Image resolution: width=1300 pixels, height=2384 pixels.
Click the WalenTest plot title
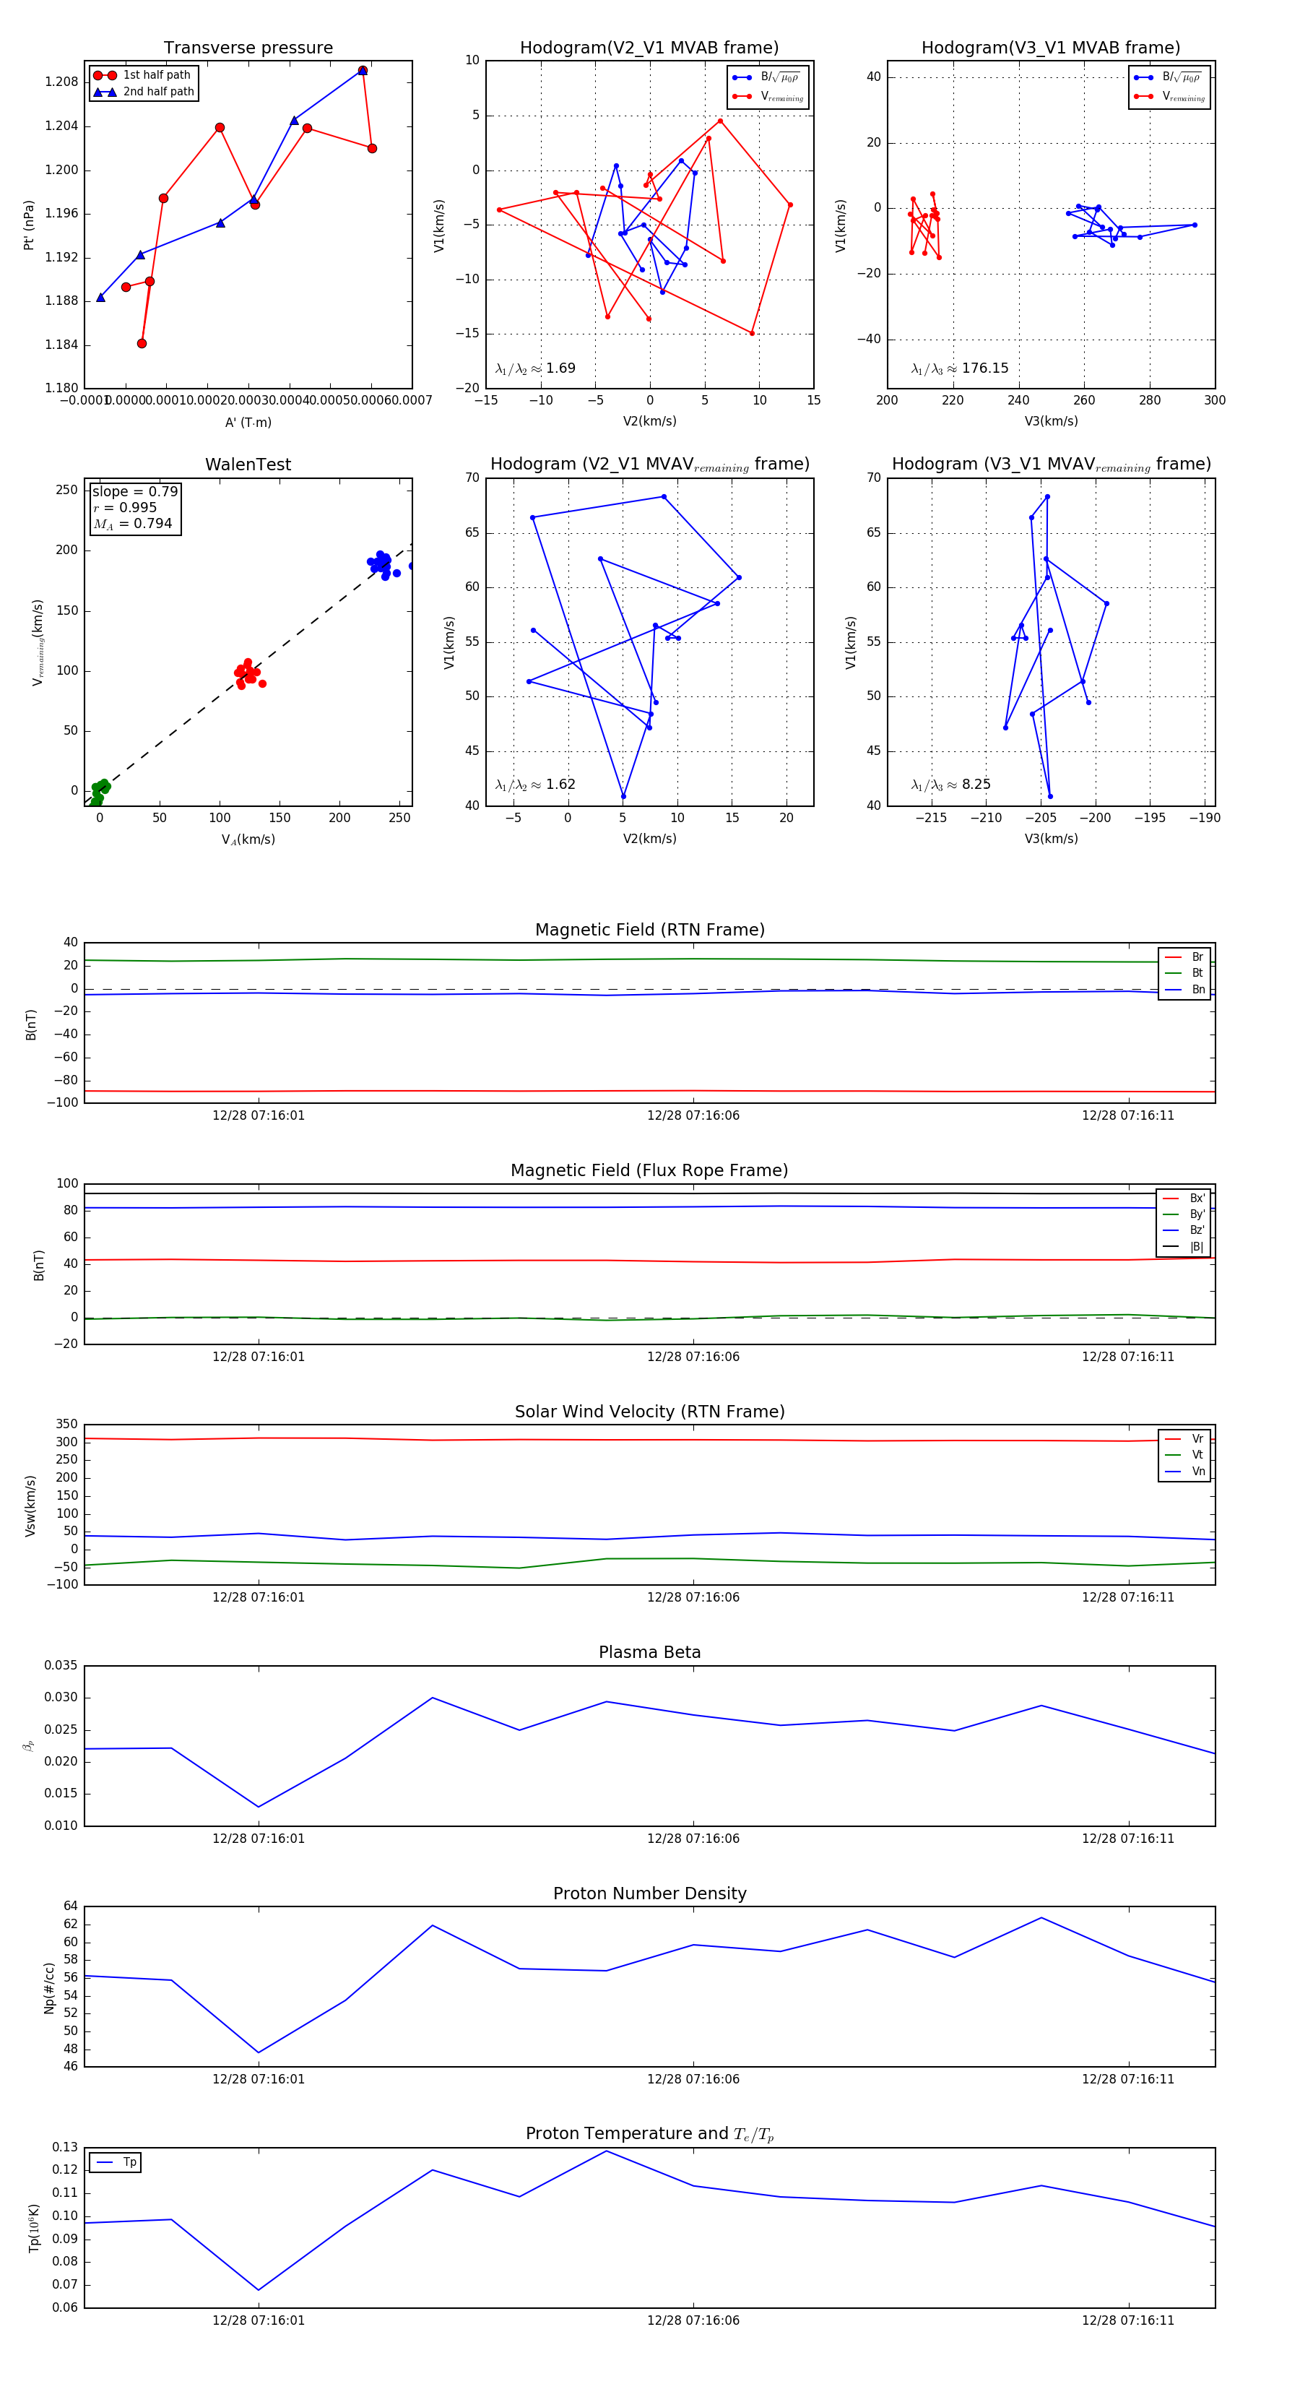(x=248, y=465)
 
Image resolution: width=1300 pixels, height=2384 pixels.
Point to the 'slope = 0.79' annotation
(x=134, y=491)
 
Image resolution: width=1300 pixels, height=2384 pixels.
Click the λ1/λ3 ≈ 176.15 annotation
(x=960, y=368)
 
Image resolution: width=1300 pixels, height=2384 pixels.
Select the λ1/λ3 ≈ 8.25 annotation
(x=950, y=785)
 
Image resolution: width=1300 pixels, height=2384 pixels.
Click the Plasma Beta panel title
(x=649, y=1652)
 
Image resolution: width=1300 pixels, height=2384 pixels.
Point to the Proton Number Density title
(x=649, y=1893)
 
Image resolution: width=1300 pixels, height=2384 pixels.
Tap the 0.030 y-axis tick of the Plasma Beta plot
(x=61, y=1697)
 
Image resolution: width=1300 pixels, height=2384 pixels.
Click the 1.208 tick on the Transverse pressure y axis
(x=61, y=82)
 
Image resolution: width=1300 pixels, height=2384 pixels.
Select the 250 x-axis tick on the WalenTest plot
(x=399, y=818)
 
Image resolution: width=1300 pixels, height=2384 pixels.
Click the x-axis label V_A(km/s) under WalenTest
(x=248, y=839)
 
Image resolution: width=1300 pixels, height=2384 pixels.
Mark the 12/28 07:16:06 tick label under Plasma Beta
(x=693, y=1838)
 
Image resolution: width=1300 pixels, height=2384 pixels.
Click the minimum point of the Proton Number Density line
(x=258, y=2052)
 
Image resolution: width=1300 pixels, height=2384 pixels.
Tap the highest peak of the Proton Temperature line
(x=606, y=2151)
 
